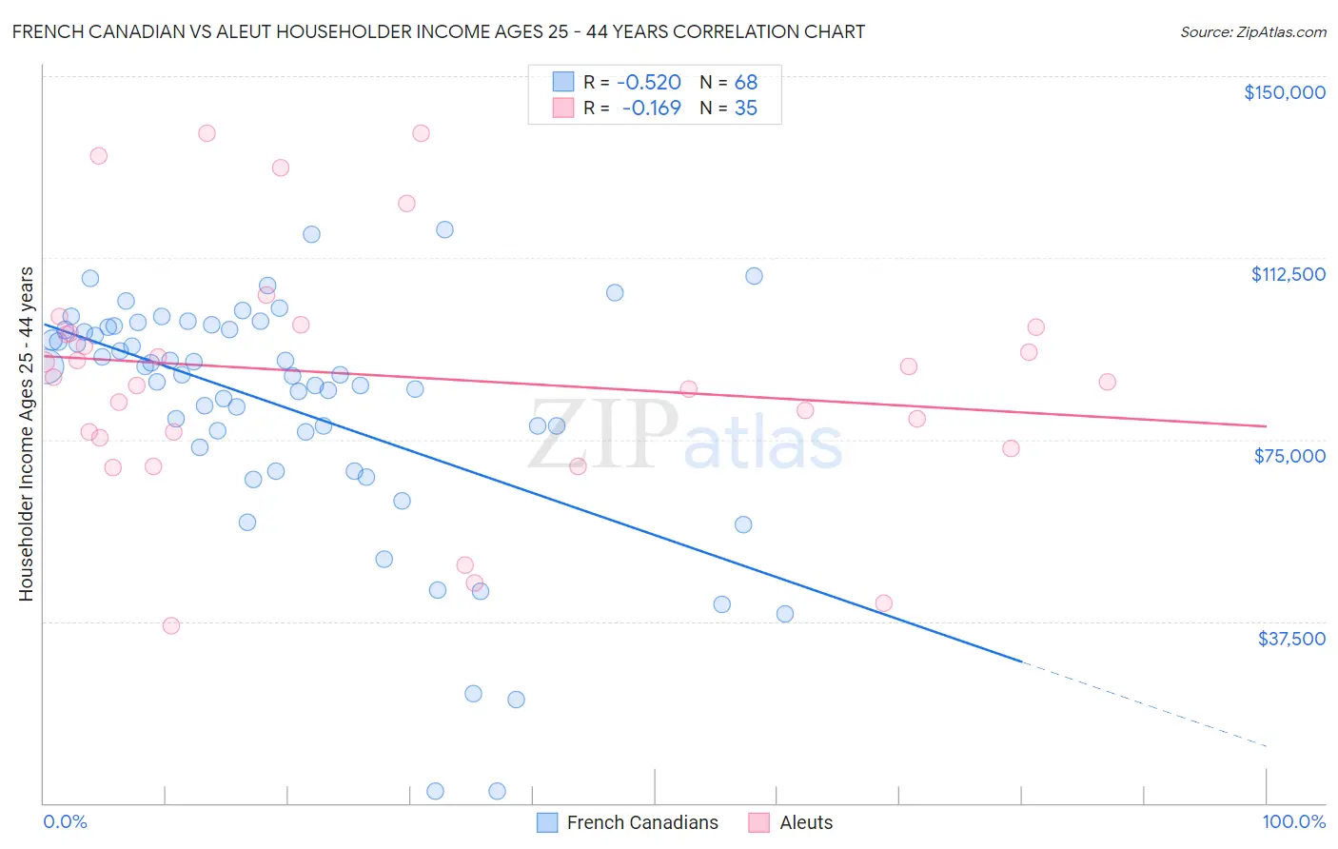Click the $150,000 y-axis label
[x=1284, y=92]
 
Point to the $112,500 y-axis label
[x=1288, y=274]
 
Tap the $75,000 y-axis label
[x=1289, y=456]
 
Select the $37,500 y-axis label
[x=1291, y=639]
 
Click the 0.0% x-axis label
[x=65, y=821]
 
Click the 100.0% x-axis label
[x=1293, y=821]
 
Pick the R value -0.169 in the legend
[x=652, y=109]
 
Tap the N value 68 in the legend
[x=746, y=83]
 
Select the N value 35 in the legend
[x=746, y=109]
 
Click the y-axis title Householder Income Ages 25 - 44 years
[x=26, y=434]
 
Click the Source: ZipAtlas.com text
[x=1252, y=32]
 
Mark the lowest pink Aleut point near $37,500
[x=171, y=625]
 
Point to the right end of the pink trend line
[x=1266, y=425]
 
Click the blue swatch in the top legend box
[x=563, y=82]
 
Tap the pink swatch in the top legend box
[x=563, y=108]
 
